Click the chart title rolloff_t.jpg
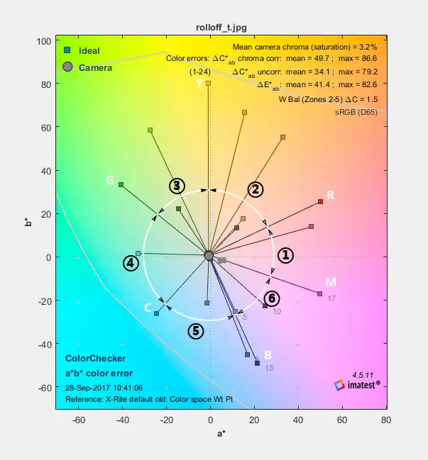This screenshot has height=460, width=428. point(221,28)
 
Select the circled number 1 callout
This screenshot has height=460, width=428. point(285,255)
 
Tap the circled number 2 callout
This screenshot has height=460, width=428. point(256,189)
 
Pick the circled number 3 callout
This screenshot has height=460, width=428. point(177,186)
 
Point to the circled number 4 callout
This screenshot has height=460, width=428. point(131,263)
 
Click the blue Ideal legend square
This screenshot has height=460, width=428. point(67,51)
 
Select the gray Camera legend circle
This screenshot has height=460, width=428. point(67,67)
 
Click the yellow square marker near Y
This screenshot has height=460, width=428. point(209,83)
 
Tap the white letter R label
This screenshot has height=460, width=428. point(330,195)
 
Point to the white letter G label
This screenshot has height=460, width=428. point(110,181)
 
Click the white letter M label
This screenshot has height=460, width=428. point(330,283)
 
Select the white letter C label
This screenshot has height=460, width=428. point(148,308)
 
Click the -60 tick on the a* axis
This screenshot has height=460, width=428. point(79,420)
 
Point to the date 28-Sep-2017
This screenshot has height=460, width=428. point(85,388)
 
